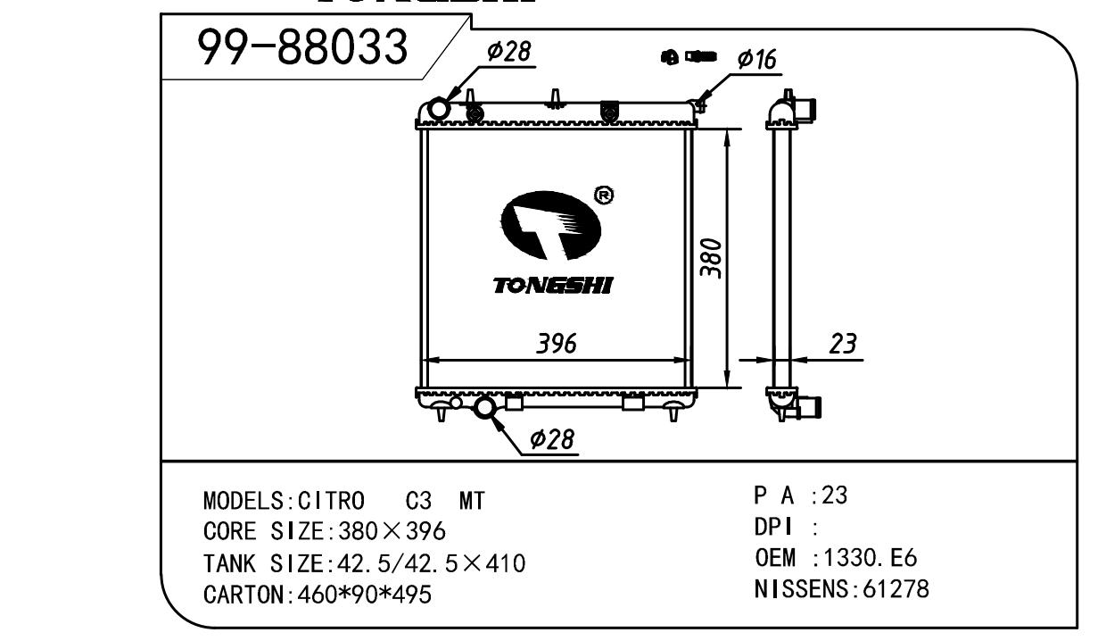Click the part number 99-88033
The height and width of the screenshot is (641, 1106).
pos(302,46)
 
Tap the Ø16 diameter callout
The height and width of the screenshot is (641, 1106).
pos(756,59)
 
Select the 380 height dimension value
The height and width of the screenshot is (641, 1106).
pos(712,259)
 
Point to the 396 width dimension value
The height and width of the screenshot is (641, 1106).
pos(557,344)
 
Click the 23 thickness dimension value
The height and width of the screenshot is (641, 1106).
pos(843,344)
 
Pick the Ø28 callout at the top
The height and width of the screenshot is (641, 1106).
pos(508,51)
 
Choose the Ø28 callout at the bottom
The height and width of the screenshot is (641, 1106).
pos(551,439)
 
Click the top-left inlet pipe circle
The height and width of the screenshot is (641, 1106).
pos(439,109)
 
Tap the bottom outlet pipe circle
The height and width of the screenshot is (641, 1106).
pos(484,407)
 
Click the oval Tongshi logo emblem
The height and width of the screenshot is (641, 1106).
pos(551,225)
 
